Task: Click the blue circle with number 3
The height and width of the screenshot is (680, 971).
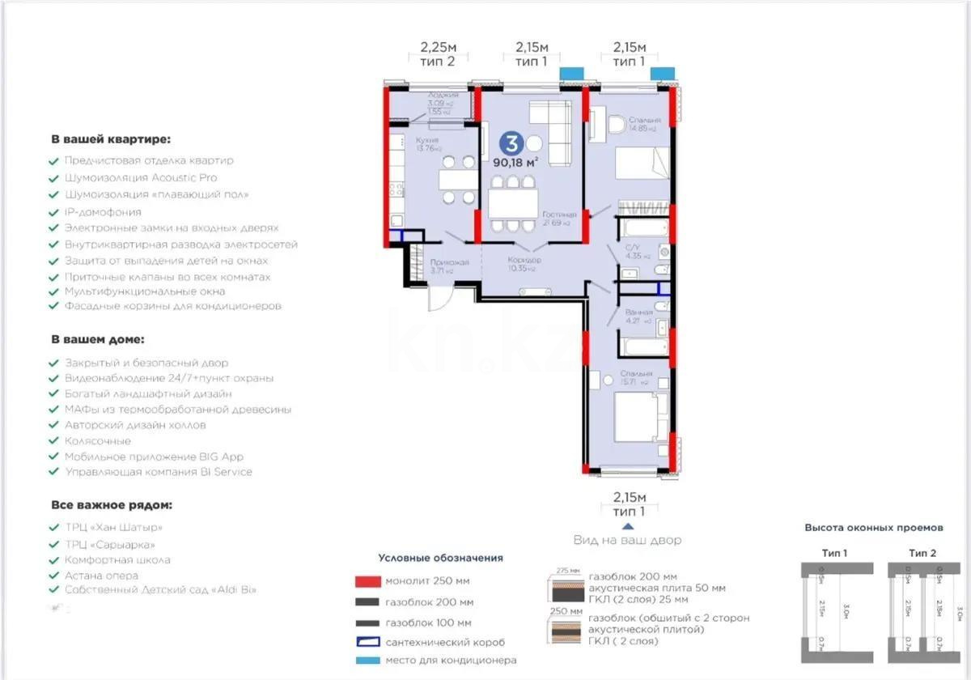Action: coord(511,143)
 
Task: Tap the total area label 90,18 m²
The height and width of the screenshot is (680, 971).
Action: coord(515,161)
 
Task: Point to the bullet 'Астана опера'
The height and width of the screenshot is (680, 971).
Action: coord(101,576)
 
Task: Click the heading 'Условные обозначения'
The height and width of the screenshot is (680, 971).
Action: coord(440,558)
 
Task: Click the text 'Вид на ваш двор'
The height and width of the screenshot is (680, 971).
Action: coord(627,540)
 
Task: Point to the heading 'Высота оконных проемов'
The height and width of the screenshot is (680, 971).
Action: coord(873,528)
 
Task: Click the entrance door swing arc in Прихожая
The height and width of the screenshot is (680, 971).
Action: coord(441,300)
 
